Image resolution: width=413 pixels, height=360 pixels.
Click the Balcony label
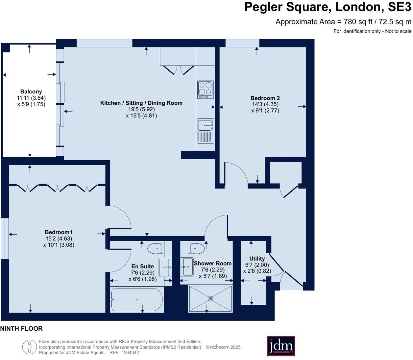(31, 92)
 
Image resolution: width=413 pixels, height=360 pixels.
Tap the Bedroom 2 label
(265, 98)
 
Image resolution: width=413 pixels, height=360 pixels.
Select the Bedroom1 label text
(59, 232)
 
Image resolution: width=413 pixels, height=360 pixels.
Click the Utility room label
(257, 259)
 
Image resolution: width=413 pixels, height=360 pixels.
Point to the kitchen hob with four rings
(206, 90)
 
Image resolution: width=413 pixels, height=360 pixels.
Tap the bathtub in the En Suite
(137, 299)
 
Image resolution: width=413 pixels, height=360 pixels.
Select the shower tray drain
(210, 299)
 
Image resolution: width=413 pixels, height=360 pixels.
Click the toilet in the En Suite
(156, 248)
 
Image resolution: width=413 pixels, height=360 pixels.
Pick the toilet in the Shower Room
(197, 248)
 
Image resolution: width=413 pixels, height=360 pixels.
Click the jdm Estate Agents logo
(281, 346)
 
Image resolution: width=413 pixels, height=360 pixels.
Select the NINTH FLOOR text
(21, 328)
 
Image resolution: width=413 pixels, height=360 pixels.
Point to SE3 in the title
(399, 7)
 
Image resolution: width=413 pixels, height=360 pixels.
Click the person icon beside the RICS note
(30, 347)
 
